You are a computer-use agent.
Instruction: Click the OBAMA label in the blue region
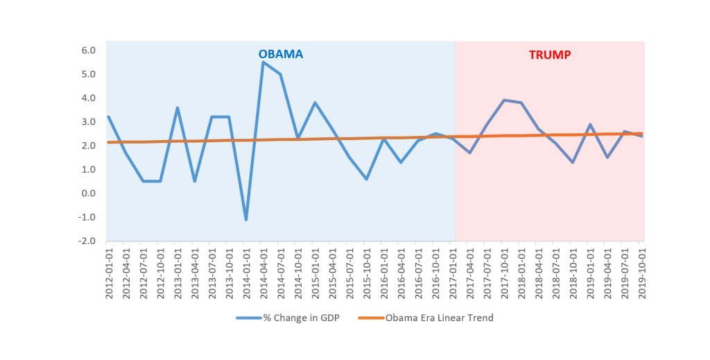(281, 54)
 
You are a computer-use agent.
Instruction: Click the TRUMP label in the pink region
(550, 54)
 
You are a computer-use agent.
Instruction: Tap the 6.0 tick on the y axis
(88, 50)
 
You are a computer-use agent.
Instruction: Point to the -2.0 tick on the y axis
(87, 241)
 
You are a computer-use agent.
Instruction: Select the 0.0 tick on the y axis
(88, 194)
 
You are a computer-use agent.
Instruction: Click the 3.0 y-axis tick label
(88, 122)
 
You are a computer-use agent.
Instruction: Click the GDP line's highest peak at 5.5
(263, 62)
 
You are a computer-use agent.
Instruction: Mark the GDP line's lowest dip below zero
(245, 219)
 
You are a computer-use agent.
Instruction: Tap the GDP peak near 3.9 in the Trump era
(503, 100)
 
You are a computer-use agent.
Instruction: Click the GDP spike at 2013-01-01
(177, 108)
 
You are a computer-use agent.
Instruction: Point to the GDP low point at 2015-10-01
(366, 179)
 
